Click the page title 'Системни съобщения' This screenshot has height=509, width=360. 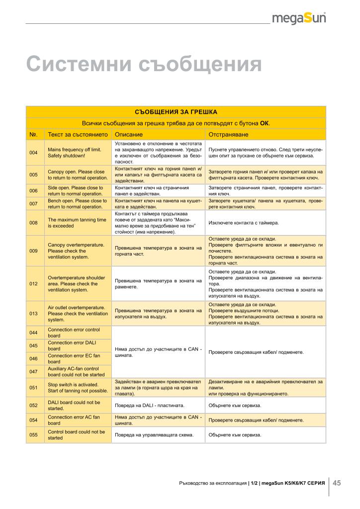coord(144,65)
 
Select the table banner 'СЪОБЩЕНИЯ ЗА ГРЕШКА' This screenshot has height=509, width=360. coord(176,112)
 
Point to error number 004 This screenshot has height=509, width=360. coord(34,153)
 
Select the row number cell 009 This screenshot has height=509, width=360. coord(34,251)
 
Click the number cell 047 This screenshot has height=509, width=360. coord(34,371)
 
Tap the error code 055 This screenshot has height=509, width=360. coord(34,435)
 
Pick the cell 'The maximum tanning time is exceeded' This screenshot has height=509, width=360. coord(77,223)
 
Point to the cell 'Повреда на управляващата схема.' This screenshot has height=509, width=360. coord(154,435)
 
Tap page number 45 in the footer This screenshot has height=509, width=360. coord(337,483)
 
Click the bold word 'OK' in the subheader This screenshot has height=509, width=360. coord(265,123)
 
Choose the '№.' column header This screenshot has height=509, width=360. coord(34,135)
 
